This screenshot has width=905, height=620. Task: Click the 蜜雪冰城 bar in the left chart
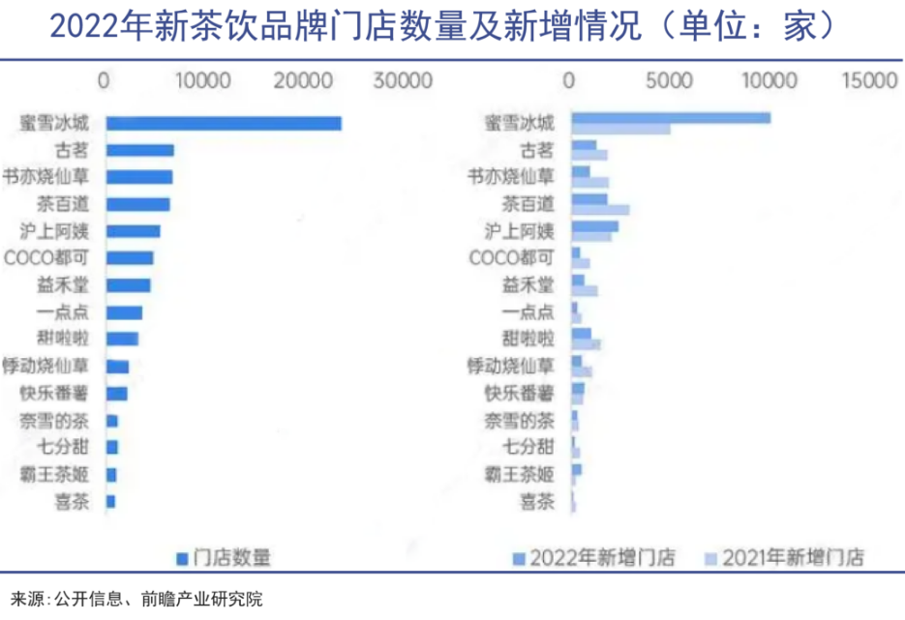(223, 123)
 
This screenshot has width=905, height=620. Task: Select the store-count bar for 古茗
(139, 150)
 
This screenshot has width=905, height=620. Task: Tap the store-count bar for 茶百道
(137, 204)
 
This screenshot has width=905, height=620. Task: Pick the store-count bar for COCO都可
(129, 258)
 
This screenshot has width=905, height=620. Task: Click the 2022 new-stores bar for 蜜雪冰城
(670, 118)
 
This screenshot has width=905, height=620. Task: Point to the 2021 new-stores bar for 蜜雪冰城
(619, 129)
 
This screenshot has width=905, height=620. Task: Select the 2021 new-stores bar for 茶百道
(600, 210)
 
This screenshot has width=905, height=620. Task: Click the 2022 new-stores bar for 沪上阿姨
(594, 226)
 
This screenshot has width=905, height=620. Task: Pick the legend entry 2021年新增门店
(789, 558)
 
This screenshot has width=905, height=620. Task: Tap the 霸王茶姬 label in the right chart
(520, 474)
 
